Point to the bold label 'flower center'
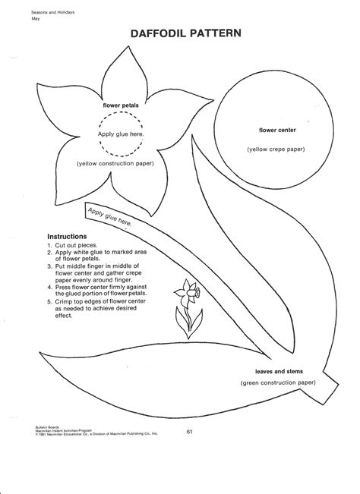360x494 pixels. pyautogui.click(x=276, y=131)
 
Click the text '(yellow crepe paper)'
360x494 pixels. pyautogui.click(x=276, y=149)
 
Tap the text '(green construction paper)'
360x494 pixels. pyautogui.click(x=279, y=384)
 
